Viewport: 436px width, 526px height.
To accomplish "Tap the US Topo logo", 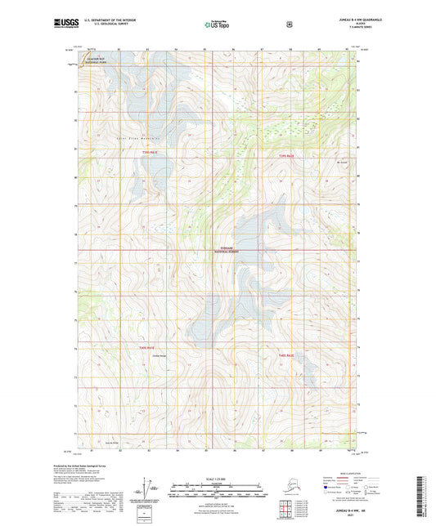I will pos(218,25).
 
